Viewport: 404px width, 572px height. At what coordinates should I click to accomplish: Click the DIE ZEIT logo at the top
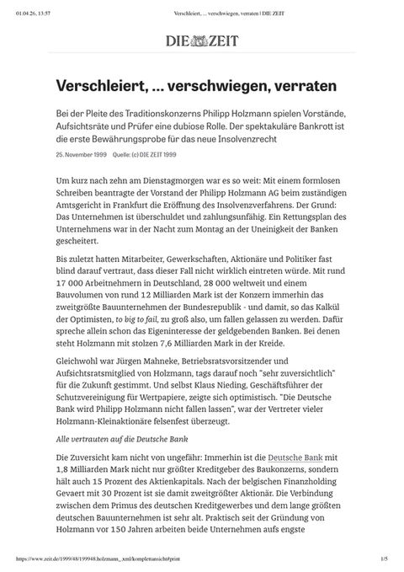pos(201,40)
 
